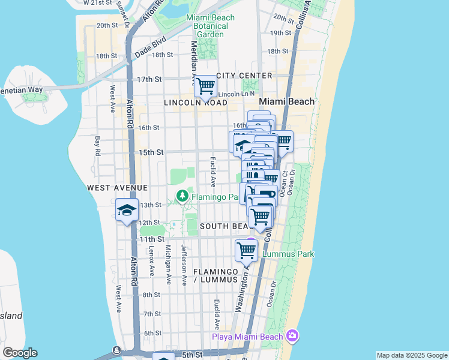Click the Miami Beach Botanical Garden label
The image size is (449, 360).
(x=210, y=26)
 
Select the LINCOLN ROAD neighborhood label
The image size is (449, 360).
(x=196, y=103)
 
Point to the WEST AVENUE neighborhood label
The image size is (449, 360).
(x=117, y=188)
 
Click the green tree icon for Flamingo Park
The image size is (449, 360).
(x=182, y=196)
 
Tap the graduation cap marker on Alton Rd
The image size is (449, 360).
(x=127, y=210)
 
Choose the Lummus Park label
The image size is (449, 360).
(x=289, y=254)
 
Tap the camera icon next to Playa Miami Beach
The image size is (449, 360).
(x=292, y=335)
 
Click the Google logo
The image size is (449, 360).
(x=20, y=353)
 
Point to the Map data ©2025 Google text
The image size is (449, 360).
(x=411, y=356)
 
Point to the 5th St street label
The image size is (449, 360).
(x=193, y=355)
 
